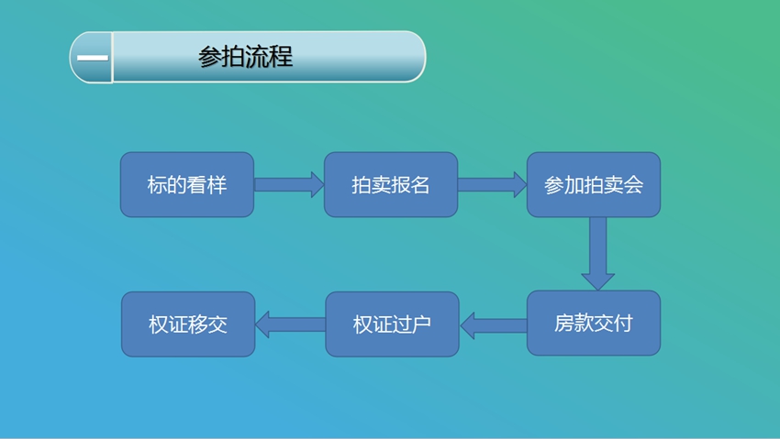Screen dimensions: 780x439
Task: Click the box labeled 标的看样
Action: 187,185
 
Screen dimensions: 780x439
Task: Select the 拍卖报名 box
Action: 391,185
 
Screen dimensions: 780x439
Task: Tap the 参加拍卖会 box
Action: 594,185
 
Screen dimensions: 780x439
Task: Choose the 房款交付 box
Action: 594,324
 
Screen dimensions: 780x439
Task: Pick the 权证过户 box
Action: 392,324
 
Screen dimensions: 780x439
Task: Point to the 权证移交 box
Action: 188,324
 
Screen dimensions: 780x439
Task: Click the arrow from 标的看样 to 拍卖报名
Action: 289,185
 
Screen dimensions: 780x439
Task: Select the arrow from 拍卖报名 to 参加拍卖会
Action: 493,185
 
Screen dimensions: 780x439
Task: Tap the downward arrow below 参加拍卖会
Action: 598,254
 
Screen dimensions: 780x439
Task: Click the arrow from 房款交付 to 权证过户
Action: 494,325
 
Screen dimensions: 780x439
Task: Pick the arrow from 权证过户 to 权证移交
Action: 291,324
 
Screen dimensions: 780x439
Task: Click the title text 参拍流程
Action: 245,57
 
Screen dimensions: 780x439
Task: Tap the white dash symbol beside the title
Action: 93,58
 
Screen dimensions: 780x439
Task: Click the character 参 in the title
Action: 209,57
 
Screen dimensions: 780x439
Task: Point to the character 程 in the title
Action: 281,57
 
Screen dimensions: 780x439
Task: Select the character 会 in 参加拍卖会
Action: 633,185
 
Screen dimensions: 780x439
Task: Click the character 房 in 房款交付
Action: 563,324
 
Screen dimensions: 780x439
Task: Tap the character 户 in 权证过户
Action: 421,324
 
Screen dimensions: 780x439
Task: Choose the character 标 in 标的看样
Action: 157,185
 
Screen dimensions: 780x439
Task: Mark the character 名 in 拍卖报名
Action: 420,185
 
